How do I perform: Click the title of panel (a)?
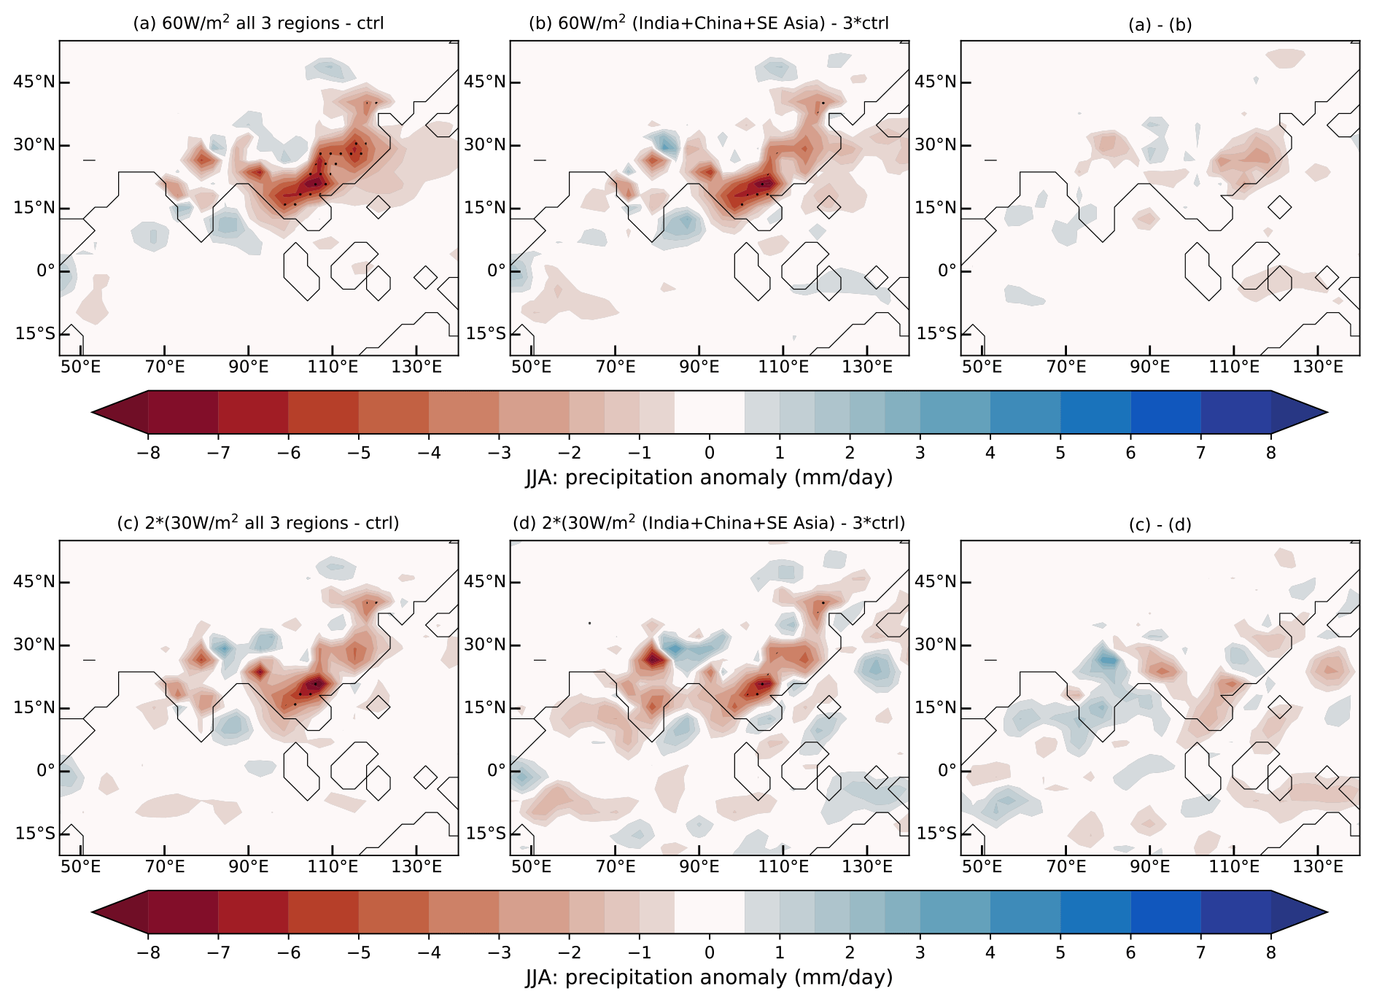pyautogui.click(x=258, y=23)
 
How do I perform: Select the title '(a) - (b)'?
pyautogui.click(x=1160, y=25)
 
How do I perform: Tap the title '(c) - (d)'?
pyautogui.click(x=1160, y=524)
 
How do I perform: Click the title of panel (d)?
pyautogui.click(x=709, y=523)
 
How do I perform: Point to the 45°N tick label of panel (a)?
pyautogui.click(x=33, y=82)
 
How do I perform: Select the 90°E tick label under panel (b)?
pyautogui.click(x=699, y=367)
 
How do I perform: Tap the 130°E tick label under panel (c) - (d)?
pyautogui.click(x=1318, y=866)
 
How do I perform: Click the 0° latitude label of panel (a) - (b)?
pyautogui.click(x=947, y=271)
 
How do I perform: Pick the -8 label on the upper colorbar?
pyautogui.click(x=148, y=453)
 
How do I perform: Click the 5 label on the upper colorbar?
pyautogui.click(x=1060, y=453)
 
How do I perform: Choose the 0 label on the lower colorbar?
pyautogui.click(x=710, y=952)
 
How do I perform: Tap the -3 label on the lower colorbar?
pyautogui.click(x=499, y=952)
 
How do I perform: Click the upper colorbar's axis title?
pyautogui.click(x=709, y=478)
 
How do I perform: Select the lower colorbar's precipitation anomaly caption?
pyautogui.click(x=709, y=977)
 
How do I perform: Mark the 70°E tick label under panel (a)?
pyautogui.click(x=165, y=367)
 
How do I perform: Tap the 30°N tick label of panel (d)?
pyautogui.click(x=484, y=645)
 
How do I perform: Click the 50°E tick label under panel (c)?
pyautogui.click(x=80, y=866)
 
